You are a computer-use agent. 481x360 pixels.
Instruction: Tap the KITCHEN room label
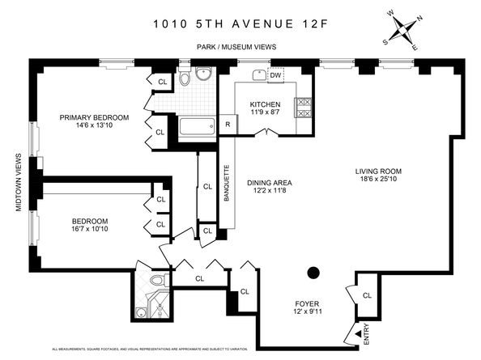pyautogui.click(x=265, y=105)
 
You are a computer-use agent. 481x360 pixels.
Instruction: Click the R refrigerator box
pyautogui.click(x=228, y=125)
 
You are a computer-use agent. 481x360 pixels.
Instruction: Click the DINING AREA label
pyautogui.click(x=269, y=183)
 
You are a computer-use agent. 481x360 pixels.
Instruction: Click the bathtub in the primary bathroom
pyautogui.click(x=197, y=127)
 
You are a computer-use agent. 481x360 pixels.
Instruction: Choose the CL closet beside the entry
pyautogui.click(x=367, y=296)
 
